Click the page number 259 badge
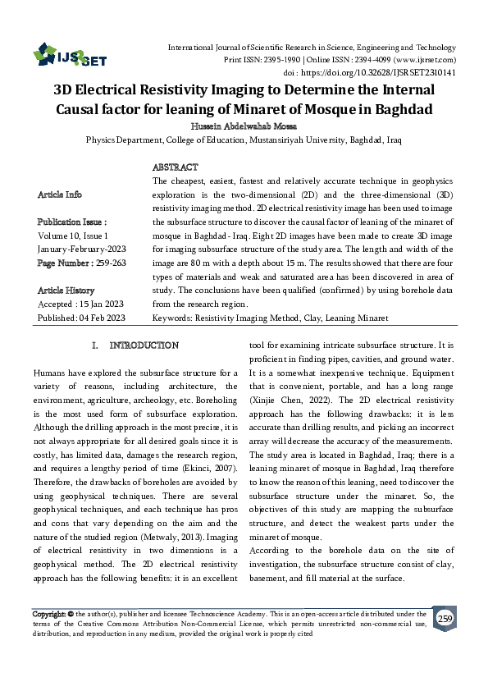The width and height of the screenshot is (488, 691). tap(445, 619)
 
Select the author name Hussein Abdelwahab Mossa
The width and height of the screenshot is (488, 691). tap(244, 126)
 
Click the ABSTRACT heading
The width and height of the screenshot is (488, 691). tap(176, 167)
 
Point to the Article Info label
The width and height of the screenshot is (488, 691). tap(60, 194)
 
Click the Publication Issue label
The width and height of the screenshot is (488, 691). tap(71, 222)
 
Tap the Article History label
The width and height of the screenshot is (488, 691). tap(66, 291)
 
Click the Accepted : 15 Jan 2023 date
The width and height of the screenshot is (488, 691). tap(80, 304)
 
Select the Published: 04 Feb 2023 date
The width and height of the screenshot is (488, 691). tap(81, 318)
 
